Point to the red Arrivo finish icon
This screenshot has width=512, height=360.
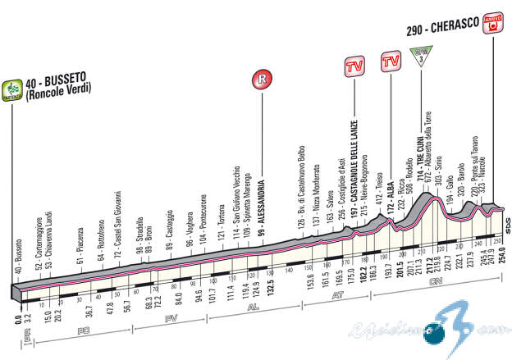[x=492, y=25]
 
